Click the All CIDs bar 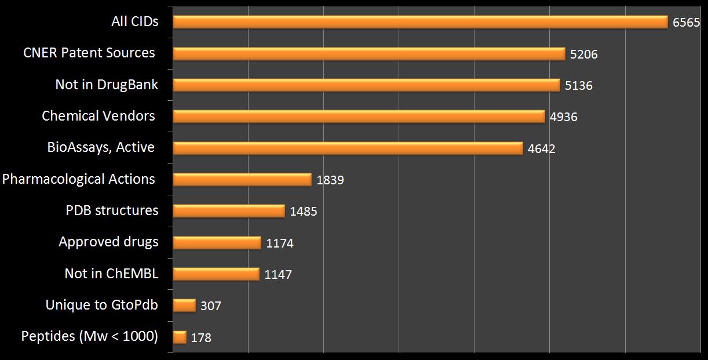[x=421, y=22]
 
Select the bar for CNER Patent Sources [x=369, y=54]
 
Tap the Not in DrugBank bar [x=366, y=85]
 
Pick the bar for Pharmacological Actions [x=242, y=180]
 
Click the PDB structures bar [x=229, y=211]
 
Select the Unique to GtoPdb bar [x=184, y=305]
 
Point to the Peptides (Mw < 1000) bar [x=180, y=337]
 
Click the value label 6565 [x=687, y=23]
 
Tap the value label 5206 [x=583, y=54]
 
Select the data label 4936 [x=563, y=117]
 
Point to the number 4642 [x=541, y=149]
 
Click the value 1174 [x=280, y=243]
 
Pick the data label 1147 [x=278, y=275]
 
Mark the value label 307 [x=211, y=306]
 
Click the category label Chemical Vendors [x=98, y=116]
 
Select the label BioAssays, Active [x=101, y=147]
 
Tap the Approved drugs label [x=108, y=242]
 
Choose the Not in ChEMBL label [x=111, y=273]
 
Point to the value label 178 [x=201, y=337]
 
